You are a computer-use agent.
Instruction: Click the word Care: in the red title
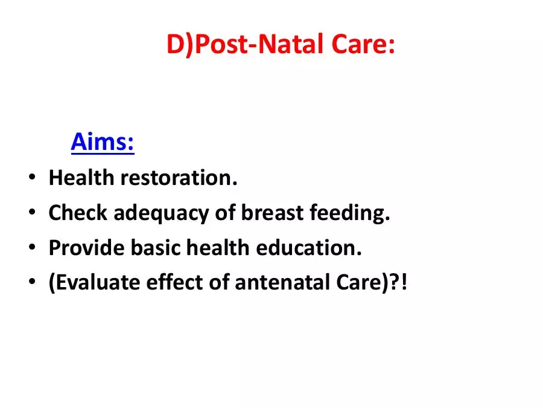coord(363,44)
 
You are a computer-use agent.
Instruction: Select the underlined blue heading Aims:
coord(103,141)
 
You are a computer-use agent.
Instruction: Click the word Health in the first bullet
coord(81,177)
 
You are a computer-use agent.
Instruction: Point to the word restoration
coord(179,178)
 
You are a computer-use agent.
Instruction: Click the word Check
coord(78,212)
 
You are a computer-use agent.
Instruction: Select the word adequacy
coord(161,213)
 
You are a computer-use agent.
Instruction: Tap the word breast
coord(272,212)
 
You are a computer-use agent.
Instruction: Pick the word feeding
coord(350,213)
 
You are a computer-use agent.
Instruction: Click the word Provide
coord(86,248)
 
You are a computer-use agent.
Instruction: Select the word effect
coord(174,282)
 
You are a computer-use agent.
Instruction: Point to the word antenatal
coord(282,282)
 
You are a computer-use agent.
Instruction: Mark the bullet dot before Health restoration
coord(32,177)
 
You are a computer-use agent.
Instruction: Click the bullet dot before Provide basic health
coord(32,247)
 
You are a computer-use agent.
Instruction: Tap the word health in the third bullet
coord(218,248)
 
